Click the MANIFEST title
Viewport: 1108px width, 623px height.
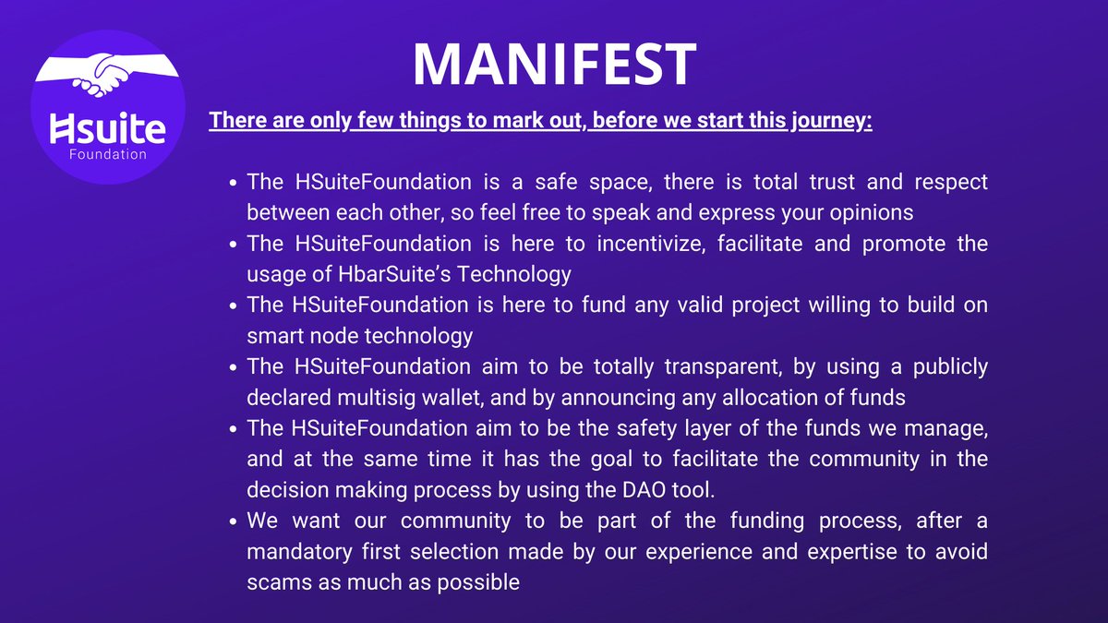[x=554, y=64]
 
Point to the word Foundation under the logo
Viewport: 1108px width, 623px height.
[x=108, y=154]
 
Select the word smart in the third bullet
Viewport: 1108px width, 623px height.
[x=273, y=336]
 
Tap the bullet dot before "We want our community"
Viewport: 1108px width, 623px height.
[x=234, y=521]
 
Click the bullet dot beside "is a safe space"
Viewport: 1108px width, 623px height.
[x=234, y=182]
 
